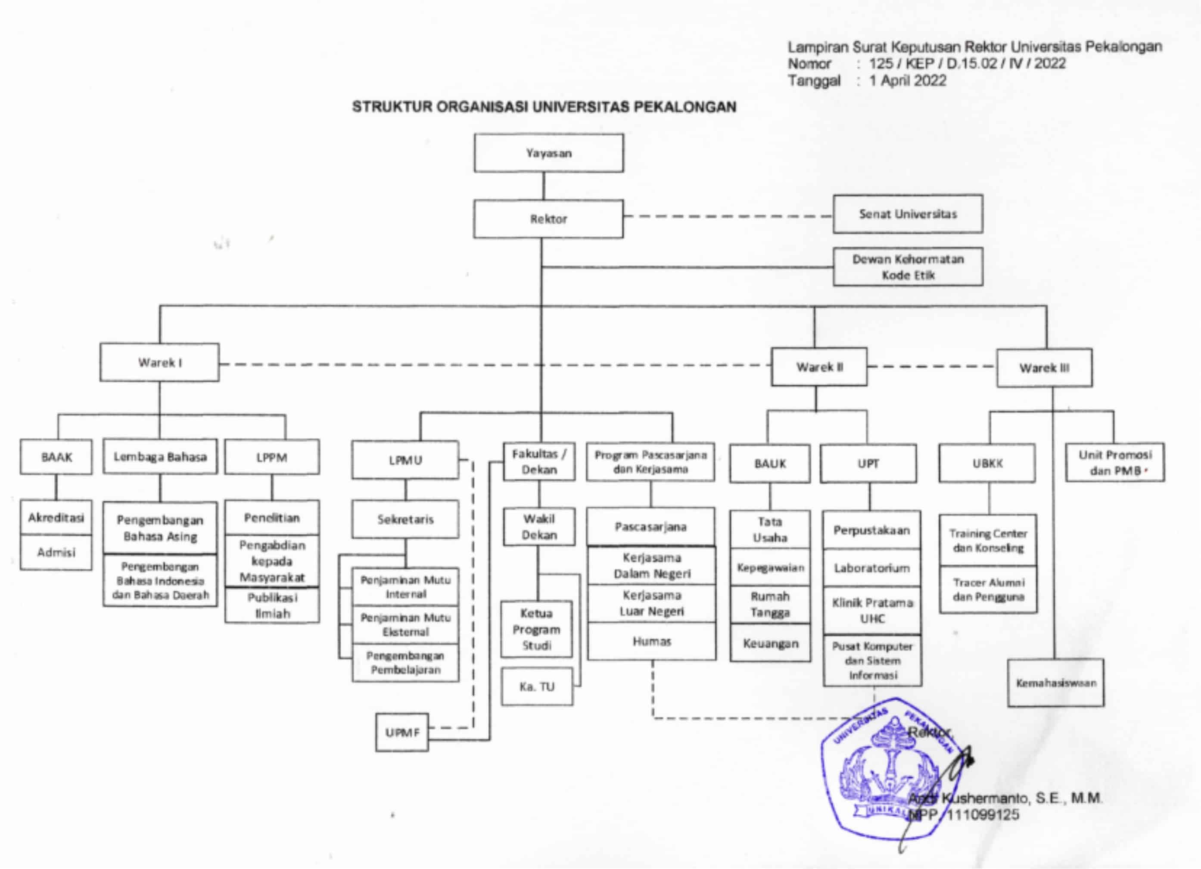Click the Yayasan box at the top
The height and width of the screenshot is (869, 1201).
point(549,153)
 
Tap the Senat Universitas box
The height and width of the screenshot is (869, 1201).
point(908,214)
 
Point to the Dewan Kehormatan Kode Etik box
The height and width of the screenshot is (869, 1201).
point(908,267)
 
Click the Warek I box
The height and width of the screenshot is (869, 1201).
point(159,363)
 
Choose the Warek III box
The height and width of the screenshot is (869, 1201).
point(1044,368)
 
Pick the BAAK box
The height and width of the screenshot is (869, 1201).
point(56,457)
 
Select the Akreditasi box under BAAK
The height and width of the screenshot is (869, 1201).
point(56,518)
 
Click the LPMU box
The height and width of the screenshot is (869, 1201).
point(405,460)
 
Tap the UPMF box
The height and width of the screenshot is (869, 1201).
point(402,732)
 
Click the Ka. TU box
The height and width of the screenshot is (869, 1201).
point(537,686)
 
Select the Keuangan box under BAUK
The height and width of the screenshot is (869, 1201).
point(770,643)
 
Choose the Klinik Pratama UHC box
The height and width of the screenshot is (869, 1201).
point(872,610)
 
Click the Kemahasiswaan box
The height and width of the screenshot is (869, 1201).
point(1055,683)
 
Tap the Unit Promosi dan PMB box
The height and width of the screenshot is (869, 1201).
point(1115,462)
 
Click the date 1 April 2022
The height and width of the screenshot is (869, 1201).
point(908,81)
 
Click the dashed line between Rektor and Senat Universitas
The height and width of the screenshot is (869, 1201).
point(728,216)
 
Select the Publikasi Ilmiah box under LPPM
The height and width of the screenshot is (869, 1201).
point(272,605)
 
